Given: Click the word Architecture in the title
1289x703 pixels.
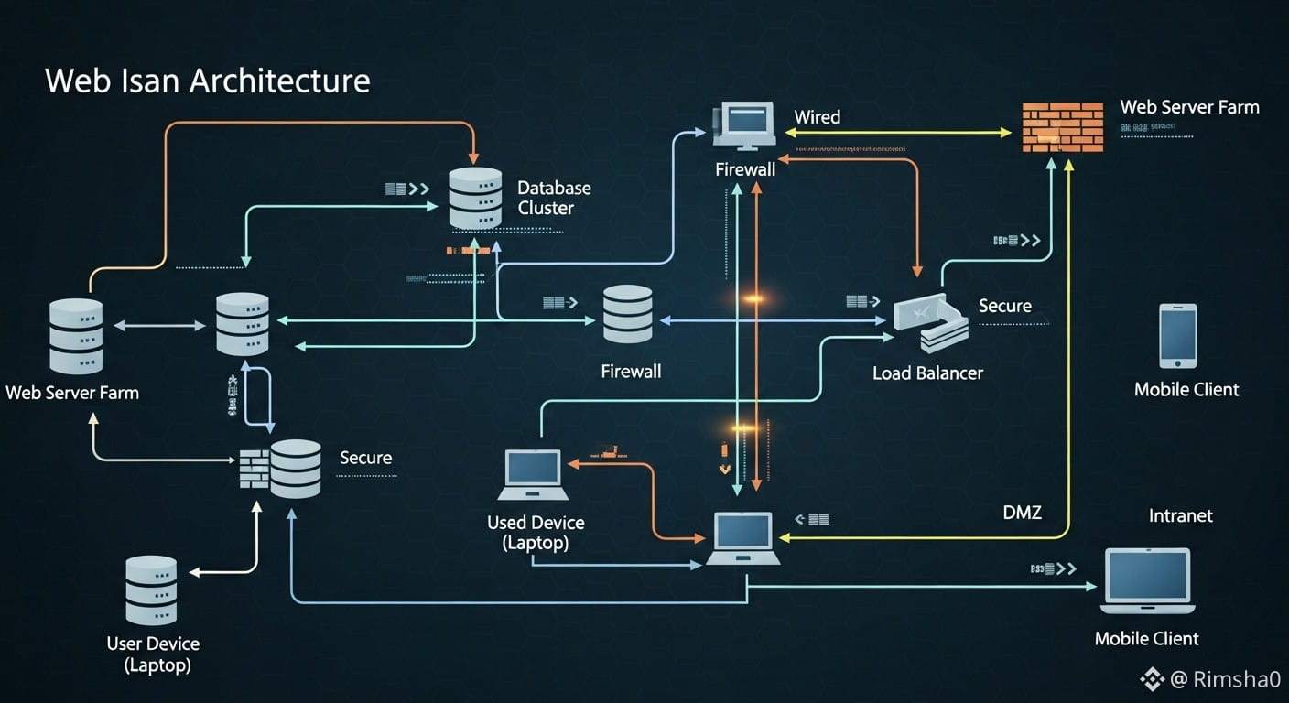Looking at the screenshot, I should (279, 81).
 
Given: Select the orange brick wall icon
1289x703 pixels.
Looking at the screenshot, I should (1062, 127).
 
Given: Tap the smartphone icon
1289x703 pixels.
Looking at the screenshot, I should (1177, 336).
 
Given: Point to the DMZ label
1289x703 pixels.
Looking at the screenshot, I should (1022, 513).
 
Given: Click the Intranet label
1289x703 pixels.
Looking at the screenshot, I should (1180, 515).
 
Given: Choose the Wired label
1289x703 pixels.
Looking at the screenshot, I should (817, 117).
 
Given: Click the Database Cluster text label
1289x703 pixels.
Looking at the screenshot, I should (553, 198).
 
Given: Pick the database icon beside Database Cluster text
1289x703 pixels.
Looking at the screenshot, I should (475, 198).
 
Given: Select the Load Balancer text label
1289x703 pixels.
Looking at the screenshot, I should (927, 373).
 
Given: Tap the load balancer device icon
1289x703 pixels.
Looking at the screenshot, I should (930, 323).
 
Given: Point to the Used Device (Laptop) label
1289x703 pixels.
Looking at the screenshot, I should (536, 533).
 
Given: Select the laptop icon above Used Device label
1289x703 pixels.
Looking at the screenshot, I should (533, 474).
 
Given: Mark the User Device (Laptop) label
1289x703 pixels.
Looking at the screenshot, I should (153, 654).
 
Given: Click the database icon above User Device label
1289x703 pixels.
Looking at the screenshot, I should (151, 590).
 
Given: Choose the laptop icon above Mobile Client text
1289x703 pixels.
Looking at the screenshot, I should (1147, 580).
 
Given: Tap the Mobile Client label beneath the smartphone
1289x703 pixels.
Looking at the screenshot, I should (1186, 389).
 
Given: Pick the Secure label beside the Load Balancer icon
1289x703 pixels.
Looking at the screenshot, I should (1004, 306).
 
